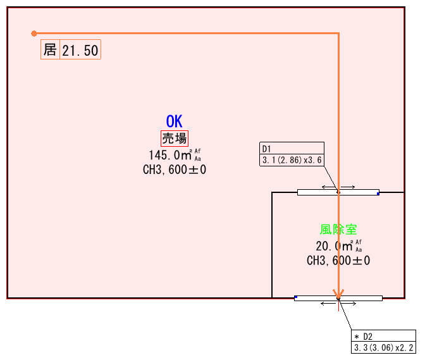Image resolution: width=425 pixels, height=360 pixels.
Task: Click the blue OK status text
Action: tap(174, 121)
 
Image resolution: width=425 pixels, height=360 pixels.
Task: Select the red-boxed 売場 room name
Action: tap(175, 139)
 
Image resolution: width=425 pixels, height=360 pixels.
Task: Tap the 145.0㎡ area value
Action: tap(170, 155)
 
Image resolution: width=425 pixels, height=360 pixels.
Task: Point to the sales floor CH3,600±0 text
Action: tap(175, 170)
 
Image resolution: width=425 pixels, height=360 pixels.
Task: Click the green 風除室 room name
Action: tap(338, 229)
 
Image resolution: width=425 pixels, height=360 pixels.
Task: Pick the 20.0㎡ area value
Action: tap(334, 246)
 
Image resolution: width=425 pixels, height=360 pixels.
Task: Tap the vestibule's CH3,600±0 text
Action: tap(338, 261)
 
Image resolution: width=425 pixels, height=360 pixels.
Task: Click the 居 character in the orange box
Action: tap(50, 49)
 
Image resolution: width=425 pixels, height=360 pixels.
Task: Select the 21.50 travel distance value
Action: tap(80, 51)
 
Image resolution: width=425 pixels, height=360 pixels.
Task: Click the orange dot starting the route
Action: tap(34, 34)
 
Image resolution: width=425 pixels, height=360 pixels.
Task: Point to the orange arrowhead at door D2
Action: tap(338, 294)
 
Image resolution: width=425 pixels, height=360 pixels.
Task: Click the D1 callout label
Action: tap(266, 149)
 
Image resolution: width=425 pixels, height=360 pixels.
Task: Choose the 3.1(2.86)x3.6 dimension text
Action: tap(292, 160)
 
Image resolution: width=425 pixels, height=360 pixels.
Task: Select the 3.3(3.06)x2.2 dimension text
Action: tap(383, 347)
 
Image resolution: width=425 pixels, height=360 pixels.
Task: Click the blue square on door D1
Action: tap(378, 194)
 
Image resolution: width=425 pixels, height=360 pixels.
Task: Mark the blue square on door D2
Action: tap(296, 297)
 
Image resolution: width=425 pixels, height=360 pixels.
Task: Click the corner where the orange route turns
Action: tap(338, 34)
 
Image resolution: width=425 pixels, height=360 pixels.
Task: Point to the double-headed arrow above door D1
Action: tap(338, 187)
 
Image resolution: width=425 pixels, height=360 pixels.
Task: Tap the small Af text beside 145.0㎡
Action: tap(197, 151)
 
